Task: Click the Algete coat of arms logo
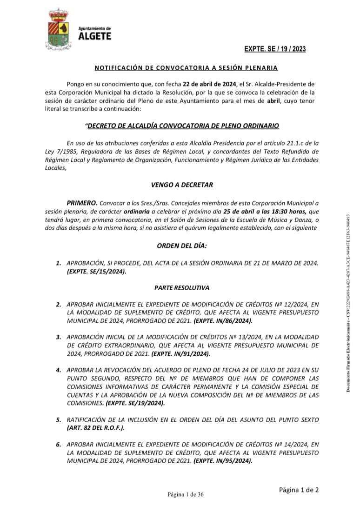(x=58, y=29)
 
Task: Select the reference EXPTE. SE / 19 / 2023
(x=275, y=49)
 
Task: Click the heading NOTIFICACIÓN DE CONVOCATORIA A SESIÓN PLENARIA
(x=186, y=68)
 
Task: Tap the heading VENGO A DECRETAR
(x=182, y=185)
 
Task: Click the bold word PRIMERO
(x=82, y=203)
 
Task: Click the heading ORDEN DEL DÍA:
(x=182, y=246)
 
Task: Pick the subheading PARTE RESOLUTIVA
(x=182, y=288)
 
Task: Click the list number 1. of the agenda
(x=59, y=263)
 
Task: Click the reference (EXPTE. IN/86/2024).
(x=223, y=321)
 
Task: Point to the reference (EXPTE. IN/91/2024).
(x=181, y=354)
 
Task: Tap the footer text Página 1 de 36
(x=186, y=494)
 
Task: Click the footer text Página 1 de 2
(x=299, y=490)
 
